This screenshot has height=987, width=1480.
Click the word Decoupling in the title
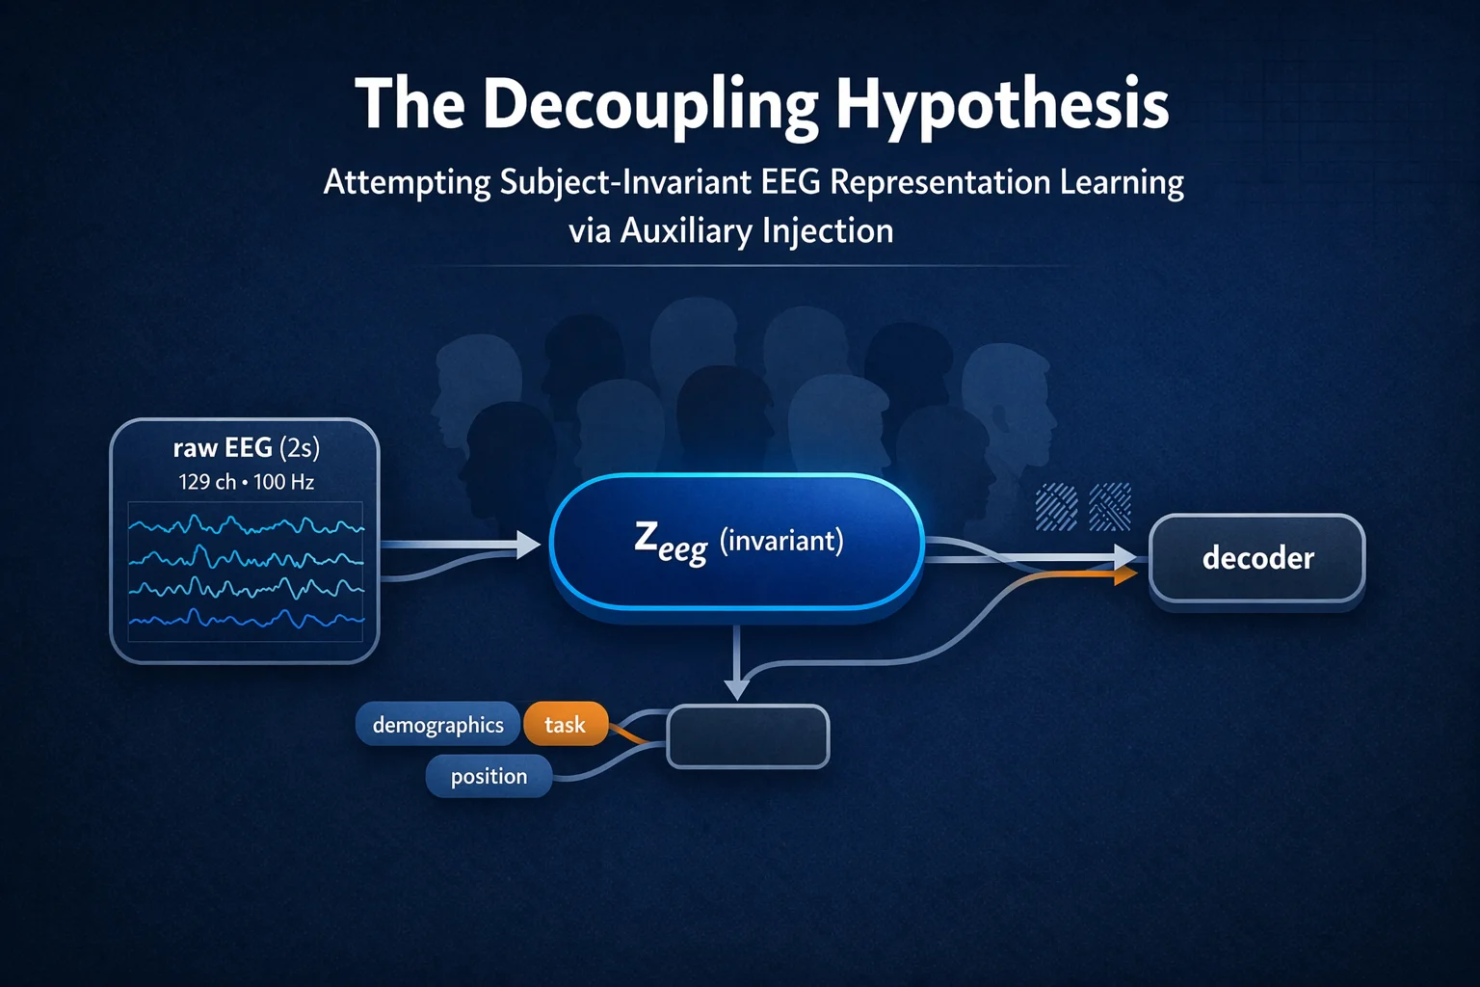(x=650, y=104)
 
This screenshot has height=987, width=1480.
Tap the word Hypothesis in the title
(x=1001, y=104)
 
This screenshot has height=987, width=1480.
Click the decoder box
(x=1256, y=558)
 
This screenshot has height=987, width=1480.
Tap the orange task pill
(x=565, y=725)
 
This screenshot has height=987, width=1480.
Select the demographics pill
(x=437, y=725)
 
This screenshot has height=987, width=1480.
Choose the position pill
(x=489, y=776)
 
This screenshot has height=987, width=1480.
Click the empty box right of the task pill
(x=748, y=736)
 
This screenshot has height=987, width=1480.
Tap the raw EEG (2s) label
(x=246, y=448)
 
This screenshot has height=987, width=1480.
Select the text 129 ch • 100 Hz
(x=246, y=482)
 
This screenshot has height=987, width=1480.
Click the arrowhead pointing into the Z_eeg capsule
(x=529, y=545)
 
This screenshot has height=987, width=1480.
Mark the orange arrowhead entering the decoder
(x=1124, y=576)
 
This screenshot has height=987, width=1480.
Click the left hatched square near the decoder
(x=1056, y=507)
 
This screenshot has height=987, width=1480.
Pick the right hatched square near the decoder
(x=1109, y=507)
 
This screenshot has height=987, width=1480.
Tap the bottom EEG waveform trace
(x=246, y=619)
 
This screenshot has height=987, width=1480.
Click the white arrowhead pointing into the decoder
(x=1125, y=556)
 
